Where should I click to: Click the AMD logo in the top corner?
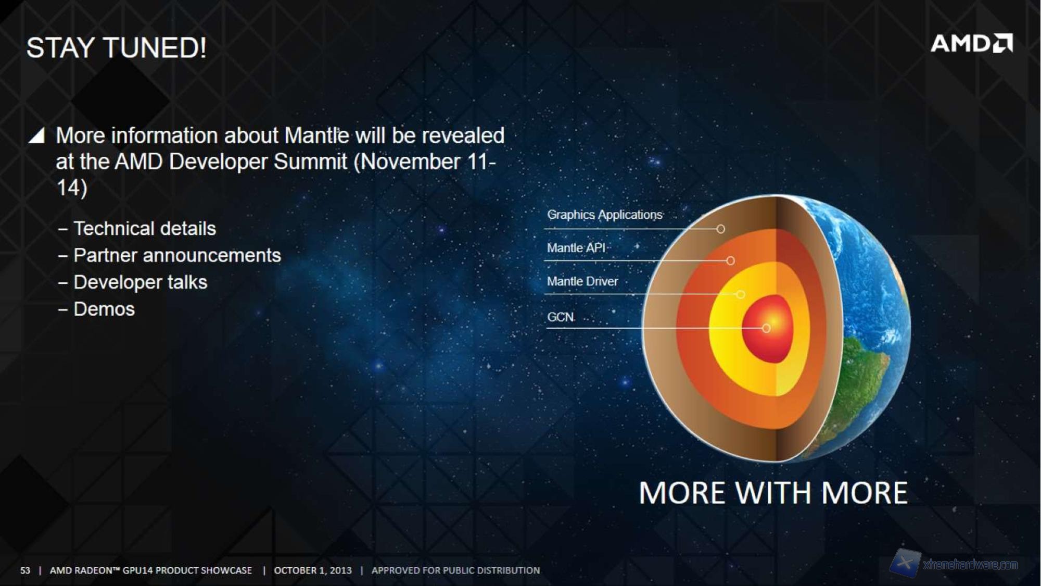tap(972, 43)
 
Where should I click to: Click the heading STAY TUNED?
tap(117, 48)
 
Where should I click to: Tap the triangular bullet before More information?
tap(36, 135)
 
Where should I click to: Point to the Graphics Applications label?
tap(605, 215)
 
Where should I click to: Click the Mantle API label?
tap(576, 248)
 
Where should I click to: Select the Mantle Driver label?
tap(582, 281)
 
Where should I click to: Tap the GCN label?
tap(561, 317)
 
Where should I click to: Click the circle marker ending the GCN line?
tap(766, 328)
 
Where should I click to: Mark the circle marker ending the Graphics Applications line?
tap(720, 229)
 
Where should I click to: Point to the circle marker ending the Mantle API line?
tap(730, 260)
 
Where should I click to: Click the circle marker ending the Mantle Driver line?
tap(741, 294)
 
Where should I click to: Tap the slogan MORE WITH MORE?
tap(773, 493)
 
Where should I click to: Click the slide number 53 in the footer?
tap(25, 570)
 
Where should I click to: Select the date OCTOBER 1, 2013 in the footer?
tap(313, 570)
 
